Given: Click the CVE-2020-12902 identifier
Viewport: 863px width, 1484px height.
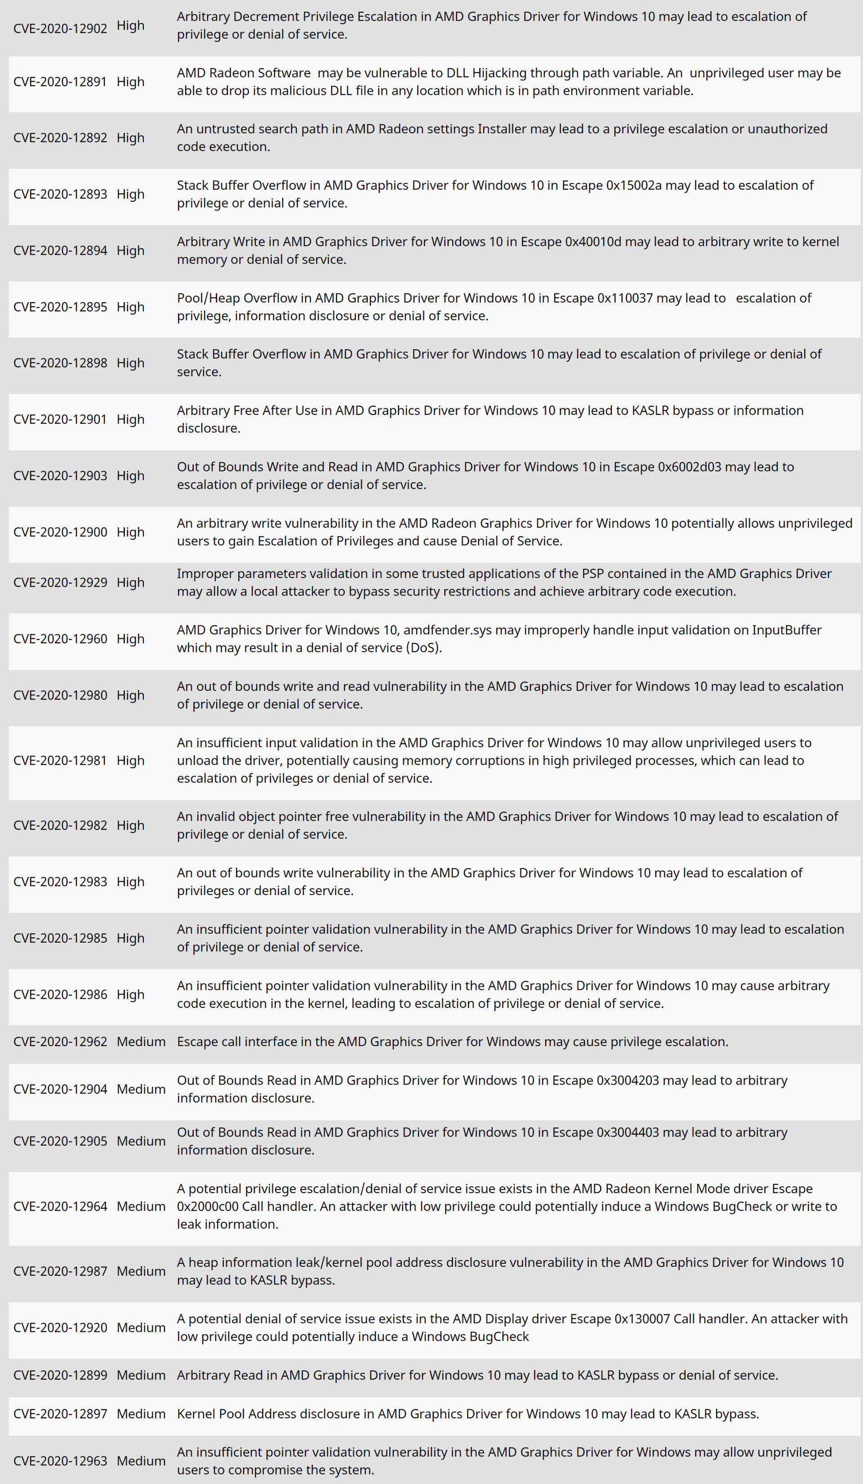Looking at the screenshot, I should [60, 28].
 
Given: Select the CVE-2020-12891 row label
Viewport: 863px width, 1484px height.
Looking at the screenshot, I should [60, 82].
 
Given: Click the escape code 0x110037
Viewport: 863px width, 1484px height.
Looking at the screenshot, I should [625, 299].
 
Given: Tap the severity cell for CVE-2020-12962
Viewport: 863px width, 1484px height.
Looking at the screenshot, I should [141, 1042].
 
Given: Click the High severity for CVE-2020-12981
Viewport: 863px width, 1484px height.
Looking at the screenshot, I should [130, 761].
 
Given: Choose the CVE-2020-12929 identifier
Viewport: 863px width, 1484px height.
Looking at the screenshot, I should [60, 583].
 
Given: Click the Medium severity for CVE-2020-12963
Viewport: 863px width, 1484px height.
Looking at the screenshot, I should [141, 1461].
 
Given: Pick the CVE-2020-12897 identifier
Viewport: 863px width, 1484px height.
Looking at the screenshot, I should [60, 1414].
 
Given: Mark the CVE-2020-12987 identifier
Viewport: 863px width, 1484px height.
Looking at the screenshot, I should [60, 1271].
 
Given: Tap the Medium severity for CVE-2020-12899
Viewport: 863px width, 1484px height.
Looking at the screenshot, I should [141, 1375].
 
